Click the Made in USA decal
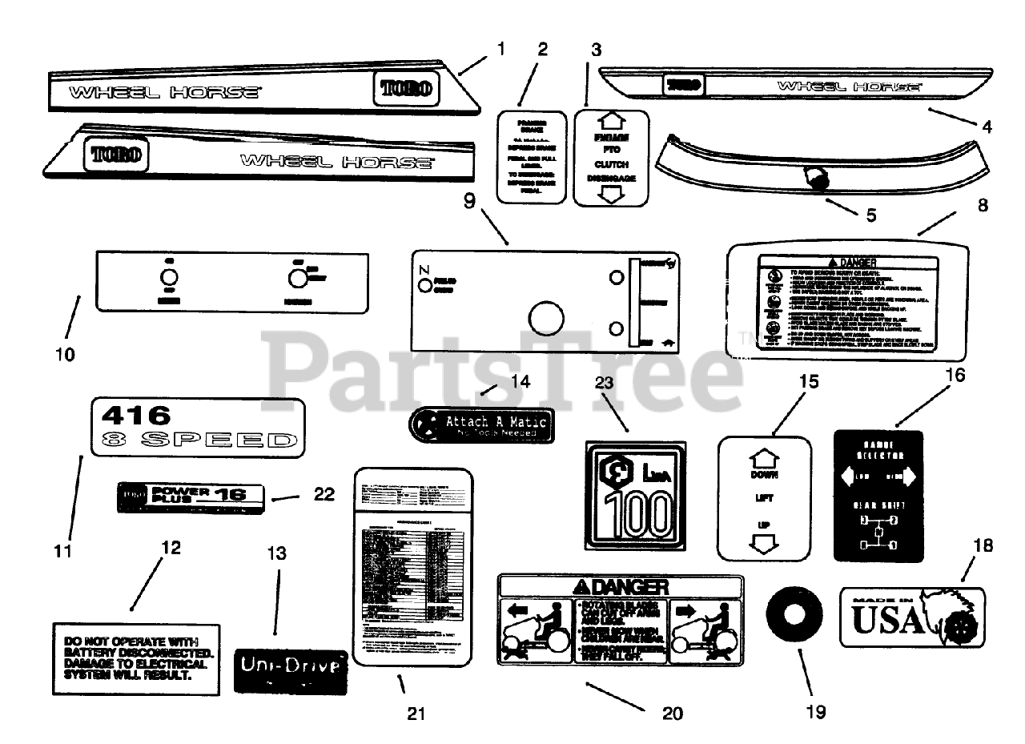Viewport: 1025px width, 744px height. coord(912,616)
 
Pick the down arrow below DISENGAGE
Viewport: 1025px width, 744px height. coord(611,194)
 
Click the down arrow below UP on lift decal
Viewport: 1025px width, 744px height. coord(764,545)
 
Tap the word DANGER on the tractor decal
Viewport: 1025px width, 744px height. coord(629,586)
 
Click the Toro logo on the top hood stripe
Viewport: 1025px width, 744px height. coord(404,87)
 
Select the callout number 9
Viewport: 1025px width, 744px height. coord(471,199)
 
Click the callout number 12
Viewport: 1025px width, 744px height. coord(171,548)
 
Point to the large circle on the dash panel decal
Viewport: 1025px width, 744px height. coord(544,317)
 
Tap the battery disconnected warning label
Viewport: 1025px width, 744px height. coord(135,658)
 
